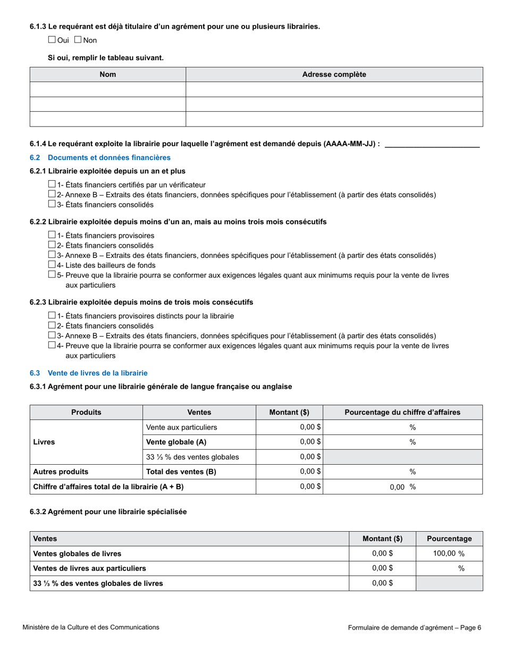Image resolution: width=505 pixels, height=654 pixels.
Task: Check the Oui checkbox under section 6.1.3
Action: point(52,39)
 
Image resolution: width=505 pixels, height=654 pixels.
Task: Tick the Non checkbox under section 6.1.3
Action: point(78,39)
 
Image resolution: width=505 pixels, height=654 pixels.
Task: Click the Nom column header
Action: point(107,74)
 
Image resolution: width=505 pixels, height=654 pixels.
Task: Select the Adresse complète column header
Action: point(334,74)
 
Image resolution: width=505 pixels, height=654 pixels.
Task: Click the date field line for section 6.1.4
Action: point(432,144)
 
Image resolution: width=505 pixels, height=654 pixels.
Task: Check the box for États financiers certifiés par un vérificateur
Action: point(52,185)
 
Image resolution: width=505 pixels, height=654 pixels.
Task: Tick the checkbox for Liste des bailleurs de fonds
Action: point(52,265)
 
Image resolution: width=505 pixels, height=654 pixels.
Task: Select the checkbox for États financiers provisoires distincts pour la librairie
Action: point(52,316)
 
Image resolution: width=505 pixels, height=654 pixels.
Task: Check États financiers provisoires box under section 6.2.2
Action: point(52,235)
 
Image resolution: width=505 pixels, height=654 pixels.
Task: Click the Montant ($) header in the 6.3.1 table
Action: point(289,412)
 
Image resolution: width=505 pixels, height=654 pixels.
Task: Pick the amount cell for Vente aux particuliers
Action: point(289,427)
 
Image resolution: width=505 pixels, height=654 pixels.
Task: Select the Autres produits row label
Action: point(61,472)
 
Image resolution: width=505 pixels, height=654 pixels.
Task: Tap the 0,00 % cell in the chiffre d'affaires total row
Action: point(402,487)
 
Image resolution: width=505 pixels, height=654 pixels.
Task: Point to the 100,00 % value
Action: point(449,554)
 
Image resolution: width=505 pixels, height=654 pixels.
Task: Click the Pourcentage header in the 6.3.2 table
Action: point(449,539)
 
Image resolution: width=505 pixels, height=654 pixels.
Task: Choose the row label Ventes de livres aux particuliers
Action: point(89,568)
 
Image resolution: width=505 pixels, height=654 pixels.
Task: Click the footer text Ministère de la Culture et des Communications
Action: point(91,627)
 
